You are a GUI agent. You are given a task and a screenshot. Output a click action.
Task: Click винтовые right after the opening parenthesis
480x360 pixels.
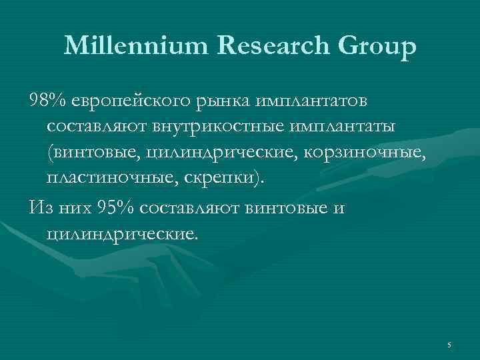(x=93, y=153)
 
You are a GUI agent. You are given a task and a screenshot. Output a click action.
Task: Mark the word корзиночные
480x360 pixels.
(x=363, y=153)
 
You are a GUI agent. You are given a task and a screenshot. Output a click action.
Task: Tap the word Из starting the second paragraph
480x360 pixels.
(x=39, y=207)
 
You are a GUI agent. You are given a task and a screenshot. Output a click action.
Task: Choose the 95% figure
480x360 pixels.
(x=115, y=207)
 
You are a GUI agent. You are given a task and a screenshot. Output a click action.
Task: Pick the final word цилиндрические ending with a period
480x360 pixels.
(x=123, y=234)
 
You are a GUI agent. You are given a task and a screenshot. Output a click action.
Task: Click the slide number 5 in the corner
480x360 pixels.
(x=449, y=345)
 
